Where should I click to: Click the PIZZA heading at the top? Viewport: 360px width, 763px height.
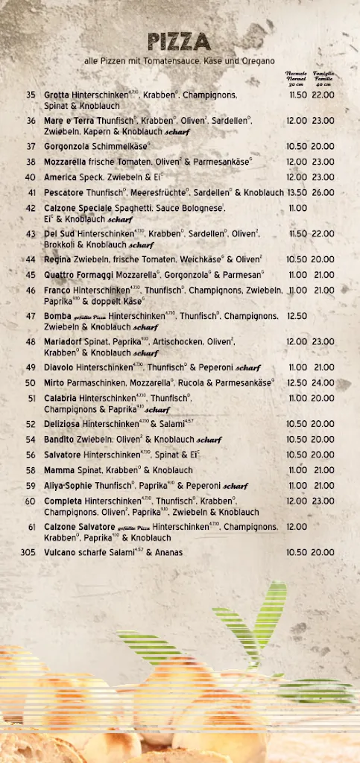(179, 42)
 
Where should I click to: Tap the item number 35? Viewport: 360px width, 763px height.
(31, 95)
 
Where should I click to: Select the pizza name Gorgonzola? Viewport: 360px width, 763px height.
(68, 147)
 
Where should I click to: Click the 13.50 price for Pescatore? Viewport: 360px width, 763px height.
(297, 192)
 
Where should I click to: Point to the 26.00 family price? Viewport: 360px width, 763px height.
(323, 192)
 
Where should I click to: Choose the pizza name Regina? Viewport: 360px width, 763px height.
(57, 259)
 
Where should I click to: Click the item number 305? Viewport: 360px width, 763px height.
(28, 553)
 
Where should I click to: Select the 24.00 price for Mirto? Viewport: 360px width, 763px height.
(323, 383)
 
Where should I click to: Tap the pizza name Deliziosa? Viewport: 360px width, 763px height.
(64, 424)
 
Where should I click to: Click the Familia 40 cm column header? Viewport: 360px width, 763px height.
(323, 79)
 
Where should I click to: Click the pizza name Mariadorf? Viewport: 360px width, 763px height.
(66, 342)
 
